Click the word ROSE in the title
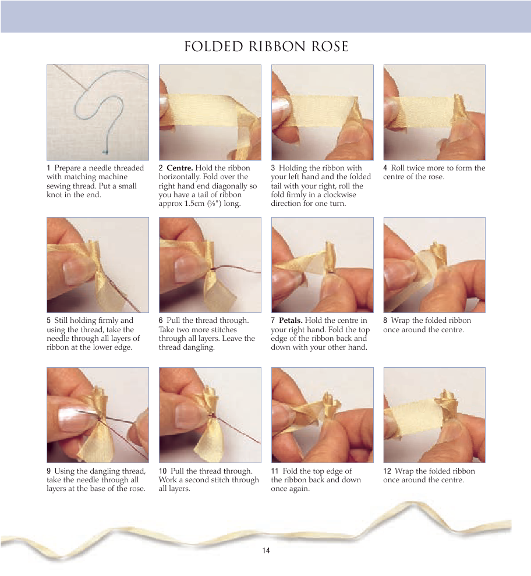coord(330,47)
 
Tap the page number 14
coord(266,550)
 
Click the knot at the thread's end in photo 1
coord(106,151)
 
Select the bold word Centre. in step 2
coord(179,168)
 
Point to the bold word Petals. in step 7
coord(291,321)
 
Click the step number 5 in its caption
coord(49,321)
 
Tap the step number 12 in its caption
coord(387,471)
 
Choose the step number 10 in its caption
coord(163,471)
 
